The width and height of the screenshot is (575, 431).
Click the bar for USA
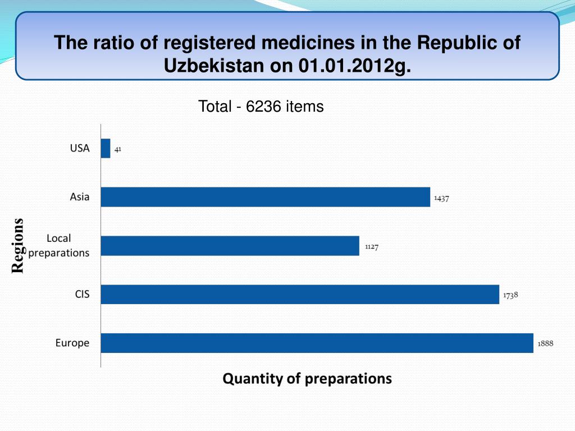[106, 149]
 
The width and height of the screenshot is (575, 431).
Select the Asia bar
[265, 197]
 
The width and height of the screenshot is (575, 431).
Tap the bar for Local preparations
[230, 246]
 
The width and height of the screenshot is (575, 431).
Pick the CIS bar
[300, 294]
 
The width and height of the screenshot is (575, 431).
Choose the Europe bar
[317, 343]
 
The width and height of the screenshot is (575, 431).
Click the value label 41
[118, 149]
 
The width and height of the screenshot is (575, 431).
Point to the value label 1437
[441, 198]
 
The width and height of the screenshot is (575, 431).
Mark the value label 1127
[371, 246]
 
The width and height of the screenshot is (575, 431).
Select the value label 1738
[510, 295]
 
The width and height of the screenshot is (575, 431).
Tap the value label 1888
[545, 343]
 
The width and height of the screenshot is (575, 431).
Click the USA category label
[80, 149]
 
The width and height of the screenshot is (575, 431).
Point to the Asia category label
[80, 197]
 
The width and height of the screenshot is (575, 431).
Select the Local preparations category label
[59, 246]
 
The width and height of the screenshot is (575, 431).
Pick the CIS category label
[82, 294]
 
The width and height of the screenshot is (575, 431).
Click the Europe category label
[72, 343]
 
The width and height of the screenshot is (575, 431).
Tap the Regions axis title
[19, 246]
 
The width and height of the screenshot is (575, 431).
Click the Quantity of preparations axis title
[307, 379]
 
